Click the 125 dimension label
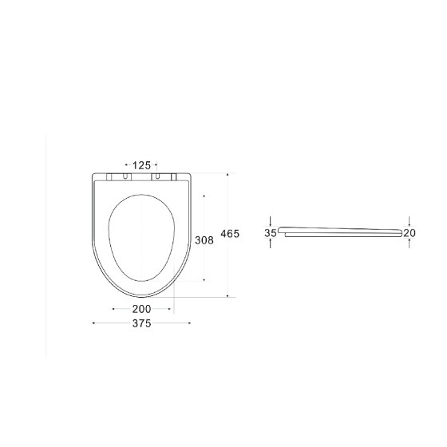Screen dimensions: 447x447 (141, 165)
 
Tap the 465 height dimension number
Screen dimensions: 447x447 (230, 234)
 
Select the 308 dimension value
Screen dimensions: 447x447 (204, 240)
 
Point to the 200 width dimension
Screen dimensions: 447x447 (142, 309)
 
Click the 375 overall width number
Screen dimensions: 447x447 (142, 323)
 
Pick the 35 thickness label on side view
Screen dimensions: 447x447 (271, 233)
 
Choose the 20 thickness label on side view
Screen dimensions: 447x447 (409, 233)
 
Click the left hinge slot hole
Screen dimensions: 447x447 (125, 176)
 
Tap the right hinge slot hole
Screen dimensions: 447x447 (157, 176)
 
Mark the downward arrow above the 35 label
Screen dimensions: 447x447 (271, 222)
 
